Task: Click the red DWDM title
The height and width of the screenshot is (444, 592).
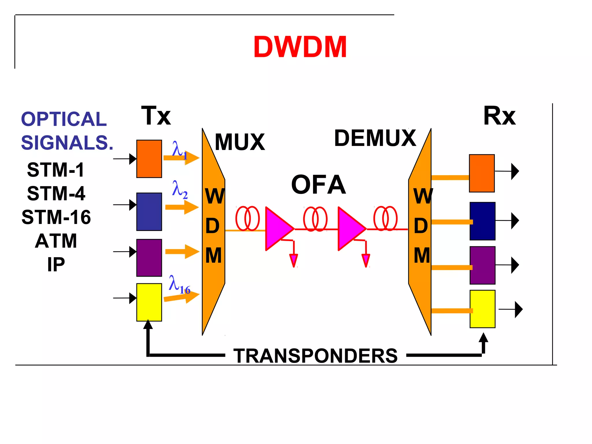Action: click(300, 47)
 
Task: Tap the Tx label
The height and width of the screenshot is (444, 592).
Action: click(156, 116)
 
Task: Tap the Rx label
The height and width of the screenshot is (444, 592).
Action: click(499, 116)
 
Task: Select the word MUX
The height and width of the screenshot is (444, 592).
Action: click(240, 142)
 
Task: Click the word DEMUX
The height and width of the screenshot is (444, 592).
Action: click(375, 138)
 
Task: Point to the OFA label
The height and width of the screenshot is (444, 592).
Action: click(318, 185)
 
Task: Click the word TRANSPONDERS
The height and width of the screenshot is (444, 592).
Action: click(315, 356)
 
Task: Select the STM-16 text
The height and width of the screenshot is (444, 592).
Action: click(56, 217)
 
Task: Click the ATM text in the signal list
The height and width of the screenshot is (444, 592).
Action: click(56, 241)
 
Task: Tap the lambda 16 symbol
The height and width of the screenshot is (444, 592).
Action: click(179, 285)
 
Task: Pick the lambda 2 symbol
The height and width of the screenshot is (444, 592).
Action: click(179, 189)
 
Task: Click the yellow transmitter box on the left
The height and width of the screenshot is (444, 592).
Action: click(149, 302)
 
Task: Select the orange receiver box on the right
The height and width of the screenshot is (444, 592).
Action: click(482, 173)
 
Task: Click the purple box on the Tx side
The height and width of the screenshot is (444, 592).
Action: click(149, 258)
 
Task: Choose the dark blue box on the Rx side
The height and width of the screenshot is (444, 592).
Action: click(482, 221)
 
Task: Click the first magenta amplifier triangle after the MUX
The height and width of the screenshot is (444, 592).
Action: click(277, 228)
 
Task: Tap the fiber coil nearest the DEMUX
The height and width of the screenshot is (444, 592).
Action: click(385, 219)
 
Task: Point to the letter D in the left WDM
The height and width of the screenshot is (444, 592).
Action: click(212, 226)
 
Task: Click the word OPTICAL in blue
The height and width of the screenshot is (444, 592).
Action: click(64, 119)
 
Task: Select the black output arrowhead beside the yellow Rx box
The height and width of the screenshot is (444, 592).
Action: click(519, 309)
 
